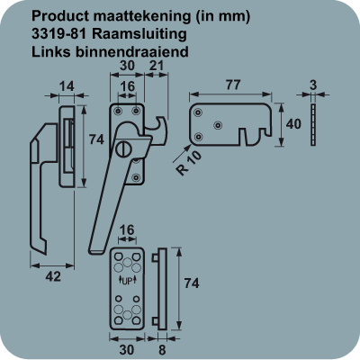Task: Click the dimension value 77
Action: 233,85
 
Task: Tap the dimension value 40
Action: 293,123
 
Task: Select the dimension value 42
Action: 53,276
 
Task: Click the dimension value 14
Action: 67,86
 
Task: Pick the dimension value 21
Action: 156,66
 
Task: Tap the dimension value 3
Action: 313,85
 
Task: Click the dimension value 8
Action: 162,350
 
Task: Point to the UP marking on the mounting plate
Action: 127,281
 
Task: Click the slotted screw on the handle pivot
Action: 122,149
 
